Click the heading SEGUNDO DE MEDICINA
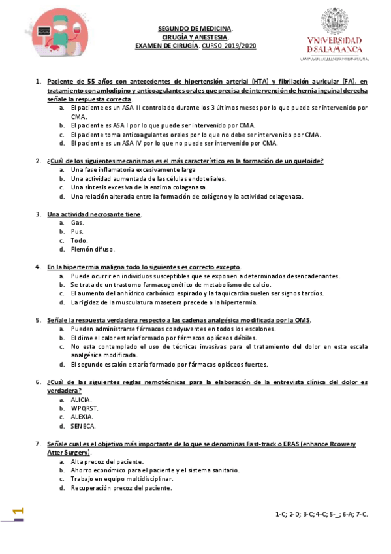click(x=195, y=29)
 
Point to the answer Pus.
click(x=77, y=231)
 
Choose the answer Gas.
click(x=78, y=223)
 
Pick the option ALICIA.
click(x=82, y=399)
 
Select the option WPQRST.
click(x=85, y=408)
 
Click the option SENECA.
click(x=83, y=426)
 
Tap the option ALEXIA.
click(x=82, y=417)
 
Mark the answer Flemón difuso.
click(x=93, y=249)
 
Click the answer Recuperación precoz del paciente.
click(x=121, y=488)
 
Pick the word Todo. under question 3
click(x=80, y=240)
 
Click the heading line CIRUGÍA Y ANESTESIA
click(x=195, y=37)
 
